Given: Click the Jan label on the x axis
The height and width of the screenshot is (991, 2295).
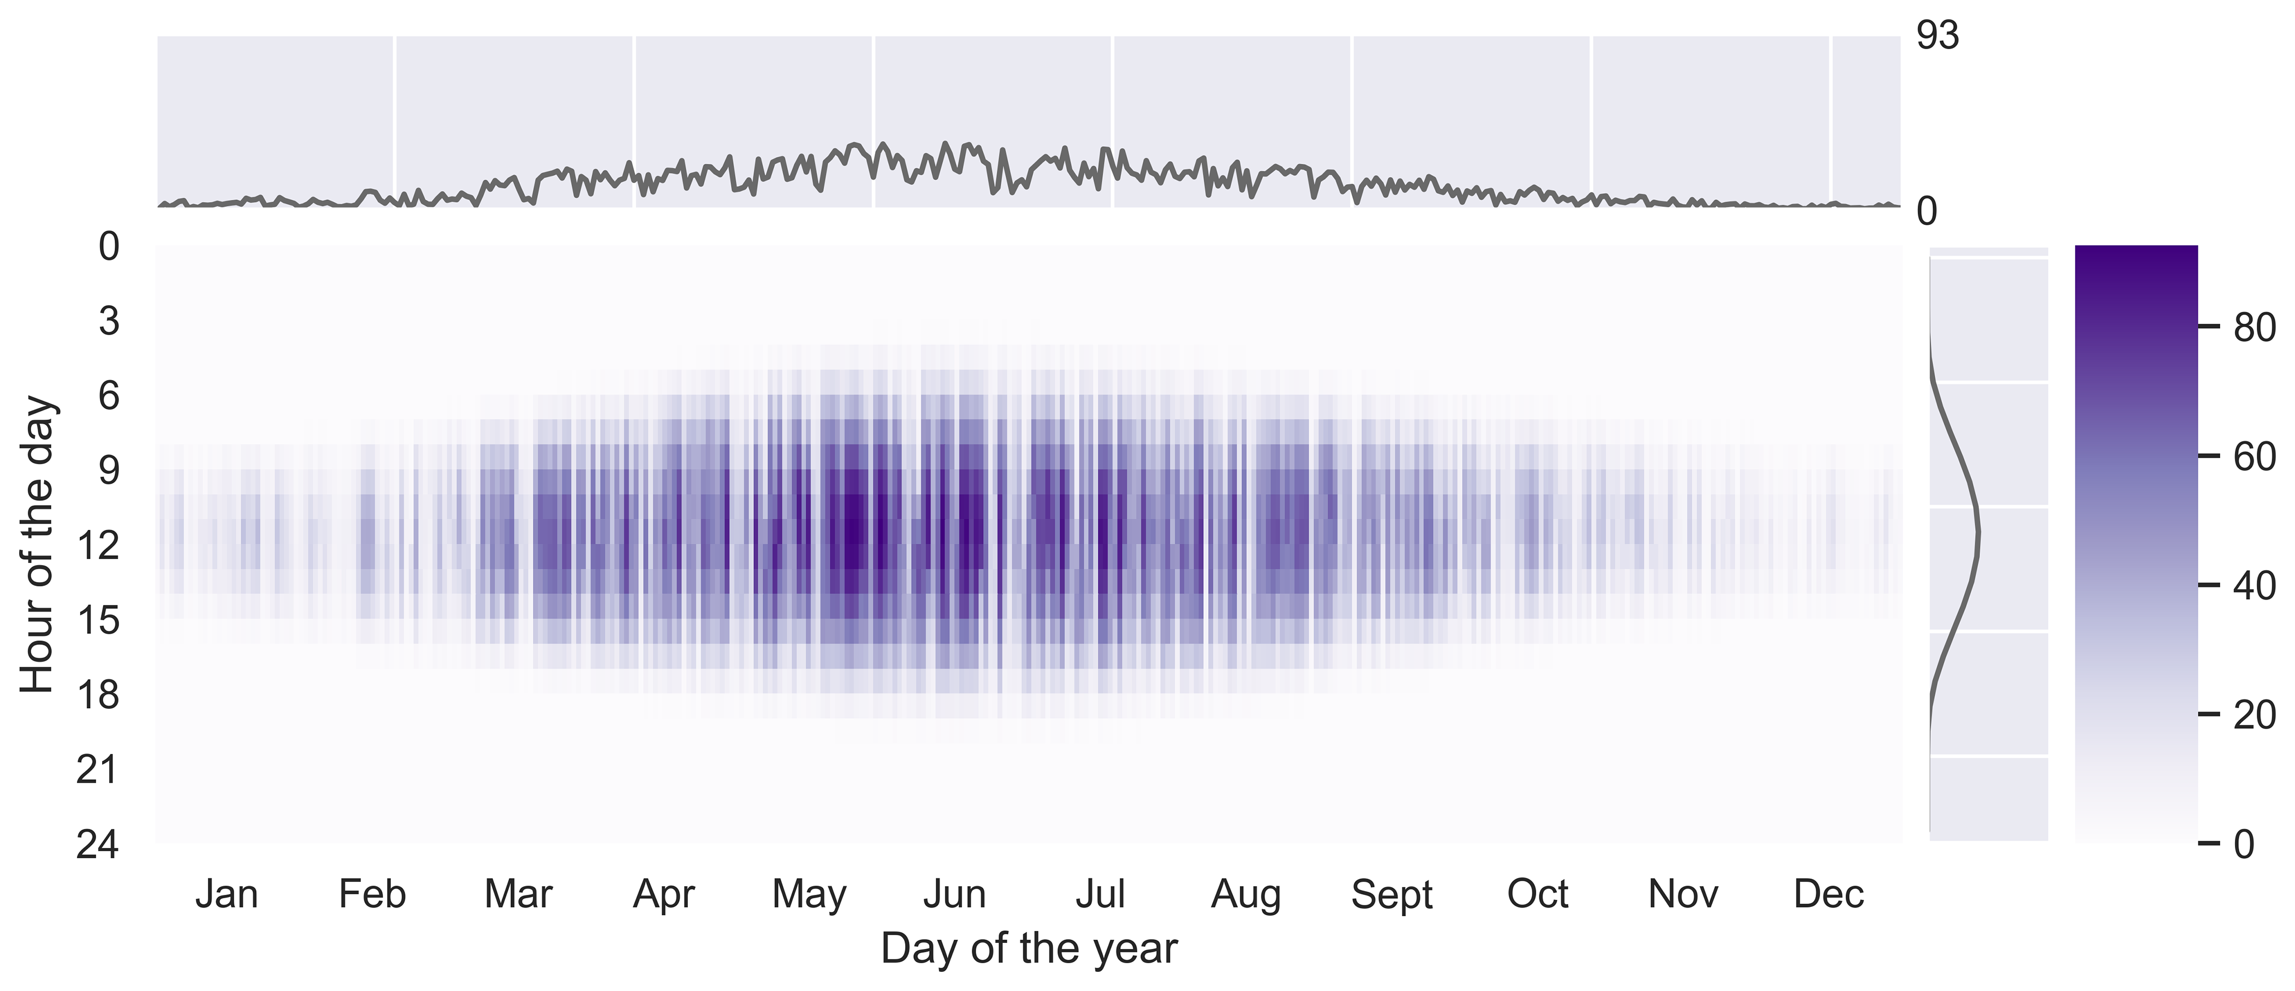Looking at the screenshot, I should [x=227, y=894].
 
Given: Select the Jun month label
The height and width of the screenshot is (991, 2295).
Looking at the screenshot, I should [x=954, y=894].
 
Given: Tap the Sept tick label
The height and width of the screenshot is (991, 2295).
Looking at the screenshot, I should [x=1392, y=894].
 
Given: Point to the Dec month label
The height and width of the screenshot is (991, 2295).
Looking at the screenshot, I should [x=1828, y=894].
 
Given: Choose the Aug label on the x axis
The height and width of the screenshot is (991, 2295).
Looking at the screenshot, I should [x=1246, y=894].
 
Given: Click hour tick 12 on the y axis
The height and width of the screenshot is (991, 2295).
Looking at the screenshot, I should [x=98, y=544].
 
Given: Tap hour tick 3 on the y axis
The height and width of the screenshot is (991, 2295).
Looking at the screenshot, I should [x=109, y=321].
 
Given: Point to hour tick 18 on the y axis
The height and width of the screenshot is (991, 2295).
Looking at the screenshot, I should [x=98, y=694].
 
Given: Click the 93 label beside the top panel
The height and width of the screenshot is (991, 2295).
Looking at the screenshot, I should [x=1938, y=35].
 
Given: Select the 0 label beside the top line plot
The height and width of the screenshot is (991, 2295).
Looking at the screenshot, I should [x=1926, y=212].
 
